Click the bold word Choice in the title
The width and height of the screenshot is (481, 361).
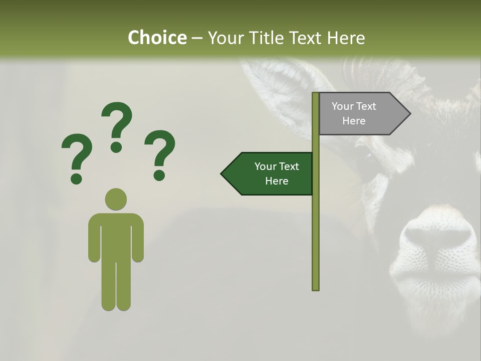[157, 38]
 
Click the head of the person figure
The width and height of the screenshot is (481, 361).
[116, 199]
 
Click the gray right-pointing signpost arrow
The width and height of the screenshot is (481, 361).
[361, 114]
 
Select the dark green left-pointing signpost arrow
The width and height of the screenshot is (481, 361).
[271, 173]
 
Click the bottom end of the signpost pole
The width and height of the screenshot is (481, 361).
[316, 288]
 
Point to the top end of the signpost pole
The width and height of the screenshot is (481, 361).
[316, 95]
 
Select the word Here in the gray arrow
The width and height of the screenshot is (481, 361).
[354, 121]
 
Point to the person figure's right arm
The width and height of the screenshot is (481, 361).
[94, 241]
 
